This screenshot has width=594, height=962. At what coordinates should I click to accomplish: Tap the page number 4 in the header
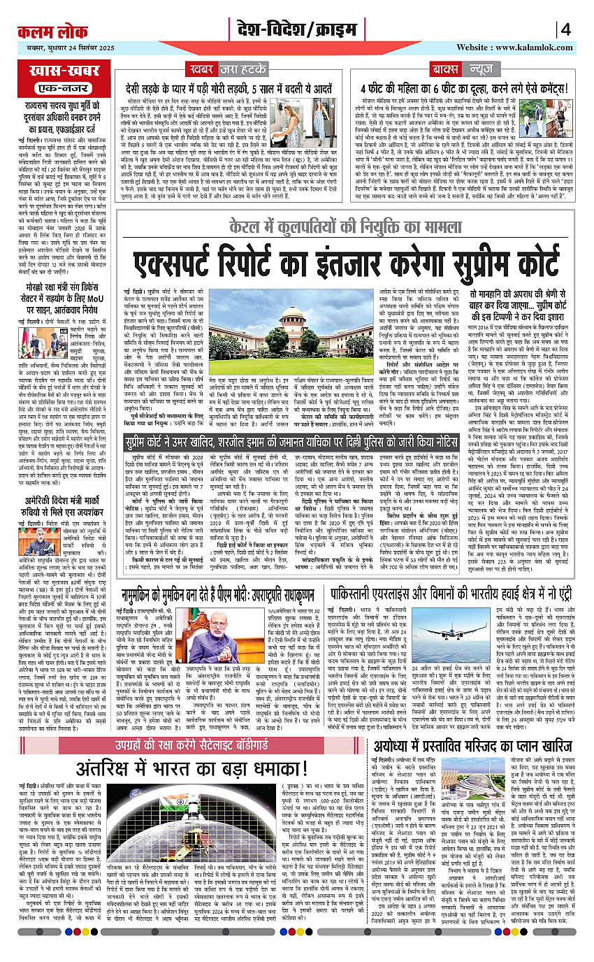pyautogui.click(x=565, y=29)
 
